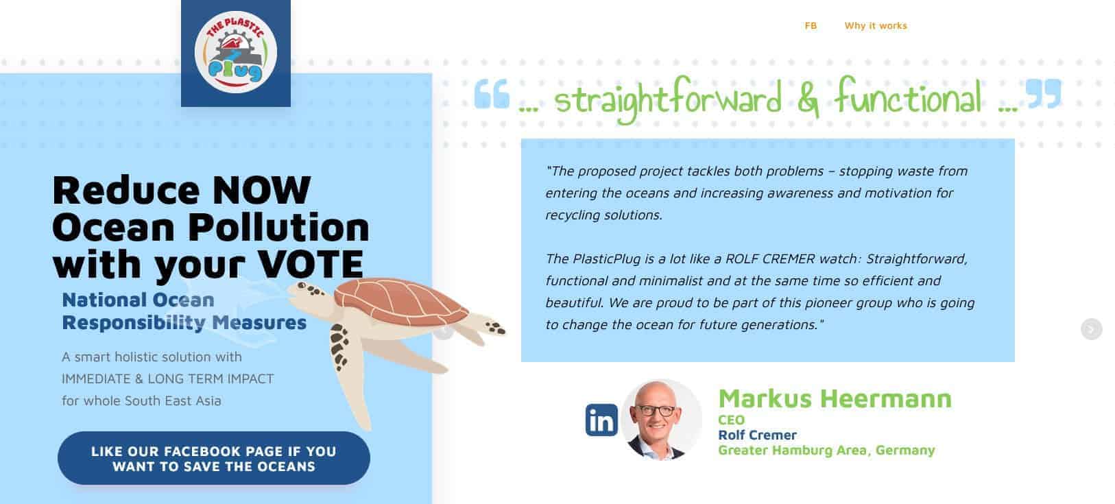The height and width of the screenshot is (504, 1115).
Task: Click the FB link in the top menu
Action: (x=811, y=25)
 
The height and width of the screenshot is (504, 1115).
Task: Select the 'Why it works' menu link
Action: (x=876, y=25)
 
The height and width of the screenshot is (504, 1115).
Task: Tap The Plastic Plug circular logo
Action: (x=235, y=52)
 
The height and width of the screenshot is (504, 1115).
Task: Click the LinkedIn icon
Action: (x=601, y=420)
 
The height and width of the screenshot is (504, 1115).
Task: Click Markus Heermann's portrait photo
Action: (x=660, y=420)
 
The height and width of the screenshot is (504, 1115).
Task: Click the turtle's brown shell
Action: (x=400, y=301)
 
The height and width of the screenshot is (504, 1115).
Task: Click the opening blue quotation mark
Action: (x=491, y=93)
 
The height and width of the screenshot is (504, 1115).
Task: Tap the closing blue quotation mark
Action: (x=1044, y=93)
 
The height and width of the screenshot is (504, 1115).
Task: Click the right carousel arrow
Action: (x=1091, y=329)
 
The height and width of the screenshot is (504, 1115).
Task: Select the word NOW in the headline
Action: (x=261, y=190)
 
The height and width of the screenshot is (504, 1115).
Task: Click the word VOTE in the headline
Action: (x=310, y=264)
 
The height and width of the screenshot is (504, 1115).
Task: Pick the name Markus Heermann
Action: (x=835, y=398)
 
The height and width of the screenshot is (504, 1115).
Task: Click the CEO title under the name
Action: (x=731, y=420)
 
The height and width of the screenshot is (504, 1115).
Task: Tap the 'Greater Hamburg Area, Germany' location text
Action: (x=826, y=451)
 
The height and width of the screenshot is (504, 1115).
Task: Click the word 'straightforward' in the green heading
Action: (x=668, y=99)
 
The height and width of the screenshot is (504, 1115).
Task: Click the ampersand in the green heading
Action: (x=808, y=99)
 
